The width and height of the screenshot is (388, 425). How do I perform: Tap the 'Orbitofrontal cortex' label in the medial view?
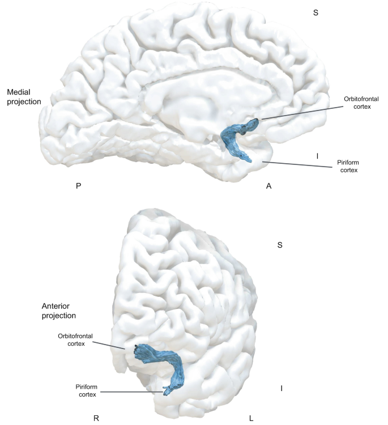pos(357,102)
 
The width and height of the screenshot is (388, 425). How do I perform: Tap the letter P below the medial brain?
pos(78,186)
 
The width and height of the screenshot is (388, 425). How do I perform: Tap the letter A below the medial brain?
pos(268,186)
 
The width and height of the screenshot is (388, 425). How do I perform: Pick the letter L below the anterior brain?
pos(251,419)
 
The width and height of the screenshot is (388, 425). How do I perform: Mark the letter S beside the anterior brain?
pos(279,245)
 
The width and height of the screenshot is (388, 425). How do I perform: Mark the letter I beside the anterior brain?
pos(282,388)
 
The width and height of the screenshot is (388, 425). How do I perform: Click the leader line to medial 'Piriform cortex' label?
pos(295,165)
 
